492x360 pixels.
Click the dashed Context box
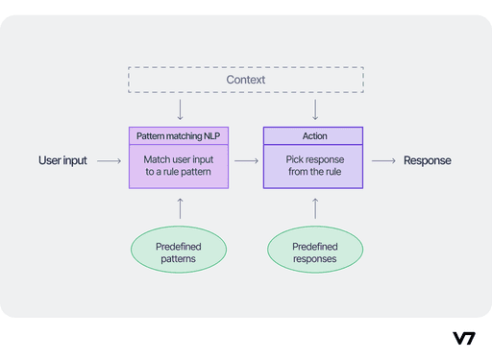pos(246,79)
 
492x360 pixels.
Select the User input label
pos(63,160)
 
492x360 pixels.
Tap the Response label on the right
pos(427,160)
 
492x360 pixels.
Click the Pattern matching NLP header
pos(178,136)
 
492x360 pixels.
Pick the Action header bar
pos(313,136)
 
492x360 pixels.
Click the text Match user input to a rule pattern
pos(178,165)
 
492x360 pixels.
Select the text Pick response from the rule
pos(313,165)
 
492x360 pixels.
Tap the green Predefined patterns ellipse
pos(178,252)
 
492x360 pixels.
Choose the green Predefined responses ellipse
pos(314,252)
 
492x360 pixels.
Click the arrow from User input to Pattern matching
pos(109,161)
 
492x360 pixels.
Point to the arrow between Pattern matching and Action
pos(246,161)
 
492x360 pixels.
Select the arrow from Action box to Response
pos(382,161)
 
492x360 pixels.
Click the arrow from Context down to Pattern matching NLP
pos(178,109)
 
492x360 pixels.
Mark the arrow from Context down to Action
pos(314,109)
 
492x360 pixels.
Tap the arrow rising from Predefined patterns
pos(178,206)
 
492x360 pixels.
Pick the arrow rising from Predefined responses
pos(314,206)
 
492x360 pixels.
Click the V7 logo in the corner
pos(463,338)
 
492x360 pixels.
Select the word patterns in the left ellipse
pos(178,259)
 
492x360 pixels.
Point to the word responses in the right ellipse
pos(314,259)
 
